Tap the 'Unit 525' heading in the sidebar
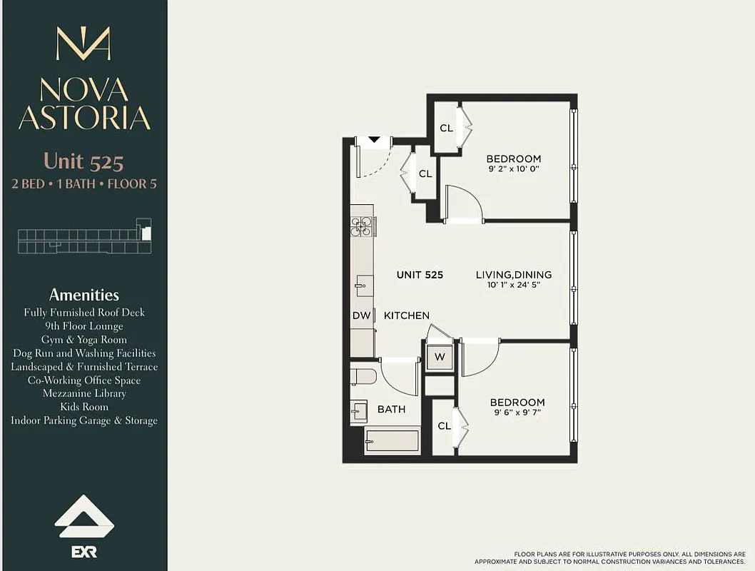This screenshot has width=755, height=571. click(83, 161)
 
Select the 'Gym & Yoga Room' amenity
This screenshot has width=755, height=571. click(83, 340)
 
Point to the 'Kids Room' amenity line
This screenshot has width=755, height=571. click(83, 407)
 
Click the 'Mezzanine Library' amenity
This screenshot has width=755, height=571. click(83, 393)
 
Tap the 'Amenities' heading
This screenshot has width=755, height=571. click(83, 295)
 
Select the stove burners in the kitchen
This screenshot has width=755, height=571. click(362, 226)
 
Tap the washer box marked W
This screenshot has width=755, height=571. click(440, 357)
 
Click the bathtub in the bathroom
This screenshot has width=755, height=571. click(392, 440)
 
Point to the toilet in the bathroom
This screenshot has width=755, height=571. click(364, 376)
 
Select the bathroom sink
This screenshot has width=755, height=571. click(359, 411)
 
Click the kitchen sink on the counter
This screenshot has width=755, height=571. click(362, 285)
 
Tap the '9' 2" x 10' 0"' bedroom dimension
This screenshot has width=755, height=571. click(514, 170)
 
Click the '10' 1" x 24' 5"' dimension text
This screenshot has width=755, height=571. click(514, 285)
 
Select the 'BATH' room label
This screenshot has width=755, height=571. click(392, 409)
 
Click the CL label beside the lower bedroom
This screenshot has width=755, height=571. click(445, 426)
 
